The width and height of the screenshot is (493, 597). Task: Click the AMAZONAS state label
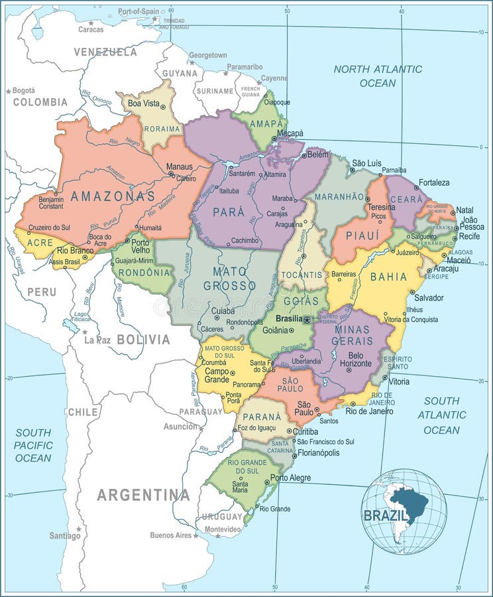pos(113,196)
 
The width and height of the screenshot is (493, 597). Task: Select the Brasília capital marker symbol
pos(307,320)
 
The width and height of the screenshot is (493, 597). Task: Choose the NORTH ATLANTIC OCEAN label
pos(378,76)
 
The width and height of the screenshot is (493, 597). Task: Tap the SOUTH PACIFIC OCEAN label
pos(33,445)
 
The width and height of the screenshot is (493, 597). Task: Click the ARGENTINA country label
pos(143,495)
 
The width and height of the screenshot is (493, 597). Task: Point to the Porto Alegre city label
pos(290,478)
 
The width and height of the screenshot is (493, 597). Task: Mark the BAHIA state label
pos(389,277)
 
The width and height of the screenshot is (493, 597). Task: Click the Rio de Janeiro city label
pos(369,411)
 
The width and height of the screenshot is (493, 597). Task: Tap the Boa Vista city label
pos(143,103)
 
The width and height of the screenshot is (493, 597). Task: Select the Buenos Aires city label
pos(170,535)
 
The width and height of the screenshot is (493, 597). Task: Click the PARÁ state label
pos(228,213)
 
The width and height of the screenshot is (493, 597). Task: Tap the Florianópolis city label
pos(317,453)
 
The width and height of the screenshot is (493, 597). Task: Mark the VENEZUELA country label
pos(105,52)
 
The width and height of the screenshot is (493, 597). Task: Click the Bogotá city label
pos(23,90)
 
